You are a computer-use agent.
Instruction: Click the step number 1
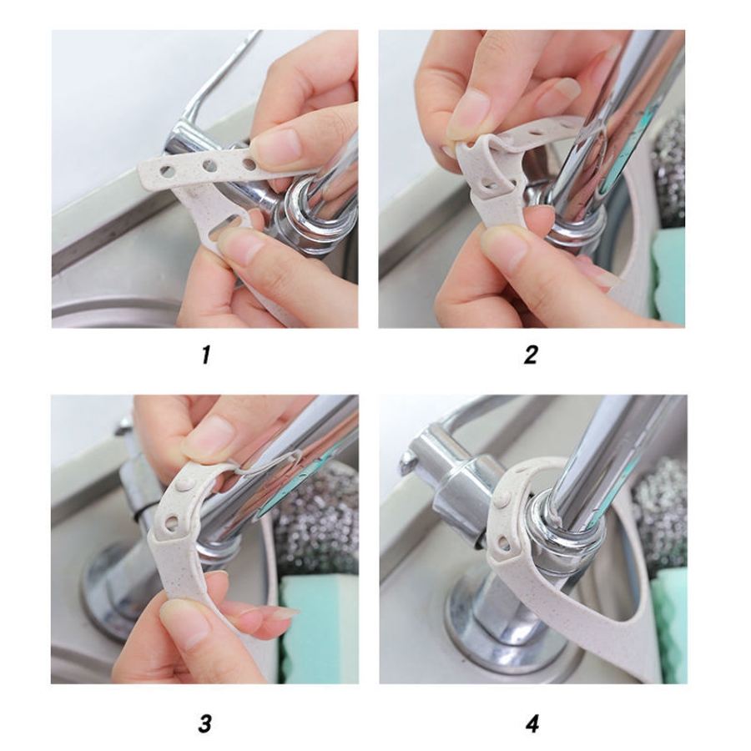coord(206,355)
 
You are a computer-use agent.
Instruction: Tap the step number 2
coord(531,355)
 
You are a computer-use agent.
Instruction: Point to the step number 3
coord(205,723)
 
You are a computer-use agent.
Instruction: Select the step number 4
coord(532,723)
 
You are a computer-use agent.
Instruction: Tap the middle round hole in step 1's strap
coord(209,166)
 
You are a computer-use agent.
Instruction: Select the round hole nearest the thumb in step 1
coord(249,164)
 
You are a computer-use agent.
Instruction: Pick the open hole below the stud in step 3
coord(171,523)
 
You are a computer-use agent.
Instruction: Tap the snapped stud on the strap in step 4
coord(503,501)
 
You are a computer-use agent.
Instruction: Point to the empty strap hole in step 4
coord(503,542)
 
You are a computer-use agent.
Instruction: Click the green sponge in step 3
coord(319,628)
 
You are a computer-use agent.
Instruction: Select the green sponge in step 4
coord(669,622)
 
